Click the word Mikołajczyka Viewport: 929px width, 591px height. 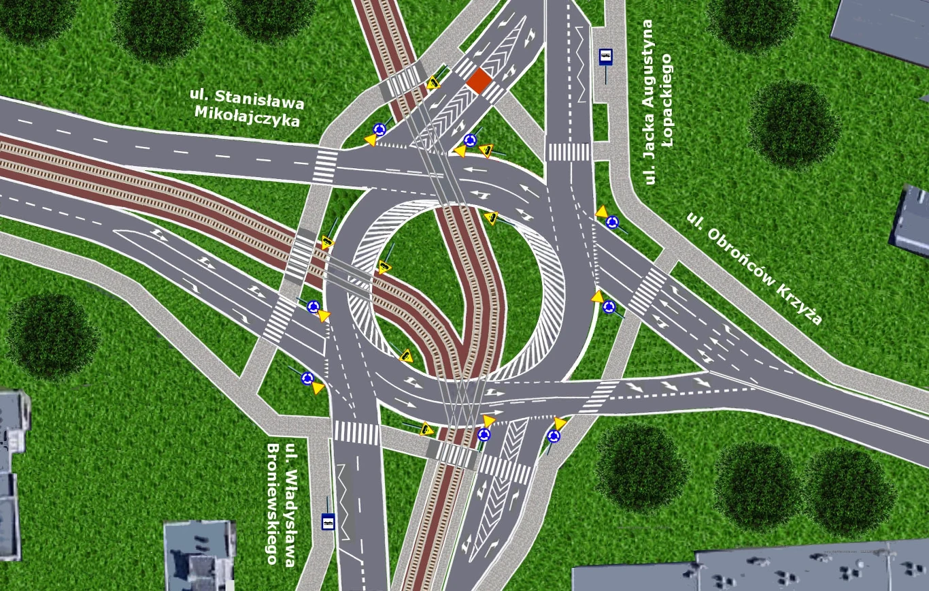pyautogui.click(x=247, y=116)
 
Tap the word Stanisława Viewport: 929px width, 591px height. pyautogui.click(x=260, y=99)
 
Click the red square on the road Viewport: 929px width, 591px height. pyautogui.click(x=479, y=81)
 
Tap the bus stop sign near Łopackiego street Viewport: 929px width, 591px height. pyautogui.click(x=605, y=57)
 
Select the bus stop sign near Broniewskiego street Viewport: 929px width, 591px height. pyautogui.click(x=328, y=522)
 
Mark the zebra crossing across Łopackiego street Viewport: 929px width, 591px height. pyautogui.click(x=569, y=152)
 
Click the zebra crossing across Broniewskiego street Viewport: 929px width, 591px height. pyautogui.click(x=356, y=432)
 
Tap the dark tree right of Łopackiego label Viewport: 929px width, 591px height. pyautogui.click(x=794, y=124)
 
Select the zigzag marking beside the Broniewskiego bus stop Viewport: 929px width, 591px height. pyautogui.click(x=345, y=501)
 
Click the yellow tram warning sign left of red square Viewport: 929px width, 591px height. pyautogui.click(x=433, y=82)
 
